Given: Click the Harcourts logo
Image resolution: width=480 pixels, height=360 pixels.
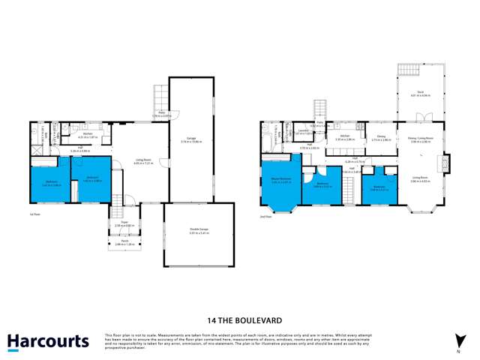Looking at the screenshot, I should pos(48,341).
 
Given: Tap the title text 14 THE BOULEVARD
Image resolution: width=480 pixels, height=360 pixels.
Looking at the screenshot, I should pos(239,318).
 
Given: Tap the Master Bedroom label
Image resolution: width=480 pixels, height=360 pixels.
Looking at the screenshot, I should pos(280,178).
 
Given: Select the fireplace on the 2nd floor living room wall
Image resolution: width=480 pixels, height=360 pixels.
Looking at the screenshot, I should pos(448,163).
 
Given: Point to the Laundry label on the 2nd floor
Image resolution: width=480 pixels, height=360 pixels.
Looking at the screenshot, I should pos(304,131).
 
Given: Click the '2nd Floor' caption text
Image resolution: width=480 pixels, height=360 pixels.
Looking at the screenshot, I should pos(266,216).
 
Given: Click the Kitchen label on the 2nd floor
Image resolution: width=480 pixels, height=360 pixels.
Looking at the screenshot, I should pos(344,136).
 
